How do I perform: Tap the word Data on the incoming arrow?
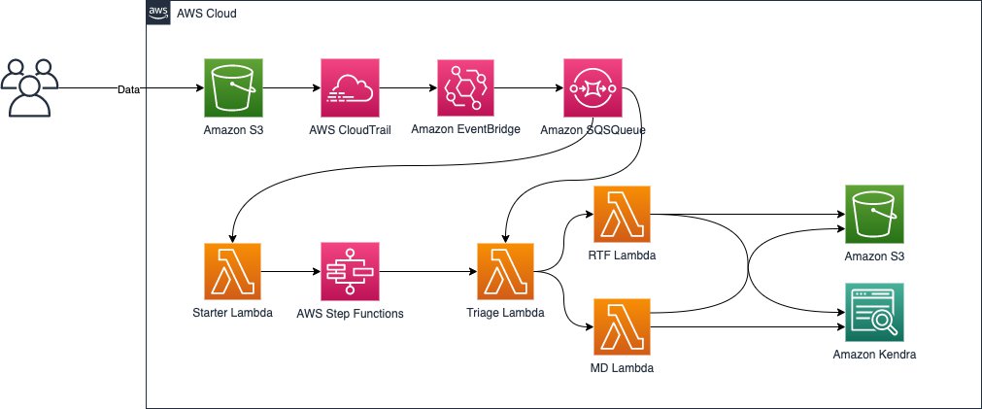[128, 89]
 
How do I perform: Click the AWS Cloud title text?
[207, 15]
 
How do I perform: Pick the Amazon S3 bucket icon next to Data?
[233, 88]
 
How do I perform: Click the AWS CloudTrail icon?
[350, 88]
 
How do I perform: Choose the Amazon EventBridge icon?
[466, 88]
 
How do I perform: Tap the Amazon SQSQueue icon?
[593, 88]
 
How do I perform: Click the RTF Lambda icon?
[622, 214]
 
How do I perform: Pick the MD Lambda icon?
[622, 329]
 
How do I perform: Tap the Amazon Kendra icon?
[874, 313]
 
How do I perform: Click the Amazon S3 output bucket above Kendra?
[874, 214]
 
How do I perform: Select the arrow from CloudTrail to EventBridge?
[408, 88]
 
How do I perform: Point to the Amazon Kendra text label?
[874, 355]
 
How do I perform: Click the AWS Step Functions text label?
[350, 314]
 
